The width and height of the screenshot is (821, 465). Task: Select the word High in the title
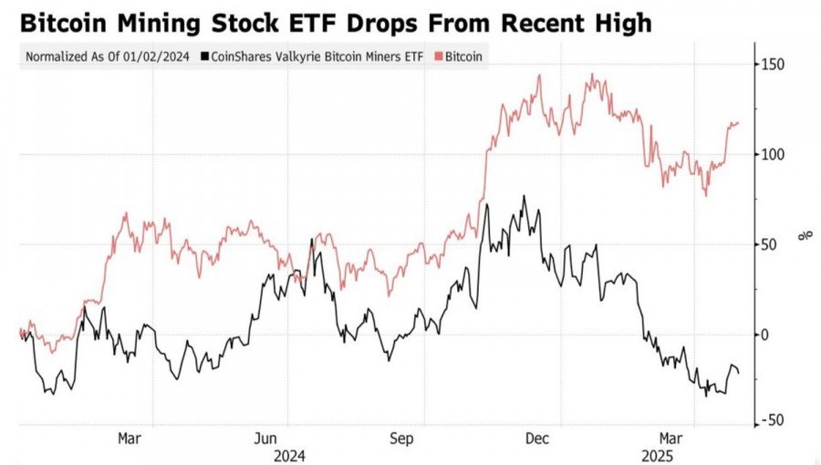[x=619, y=23]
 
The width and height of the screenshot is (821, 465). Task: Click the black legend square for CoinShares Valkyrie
[x=204, y=57]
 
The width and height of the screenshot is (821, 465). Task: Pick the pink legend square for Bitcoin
[x=439, y=57]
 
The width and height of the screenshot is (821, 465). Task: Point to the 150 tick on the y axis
[x=774, y=65]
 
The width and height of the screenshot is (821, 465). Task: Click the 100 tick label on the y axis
[x=774, y=154]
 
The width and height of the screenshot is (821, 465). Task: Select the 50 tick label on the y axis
[x=771, y=244]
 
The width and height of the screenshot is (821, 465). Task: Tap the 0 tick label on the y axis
[x=767, y=335]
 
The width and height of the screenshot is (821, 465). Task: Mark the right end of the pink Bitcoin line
[x=739, y=123]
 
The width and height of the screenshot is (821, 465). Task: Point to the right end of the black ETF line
[x=739, y=372]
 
